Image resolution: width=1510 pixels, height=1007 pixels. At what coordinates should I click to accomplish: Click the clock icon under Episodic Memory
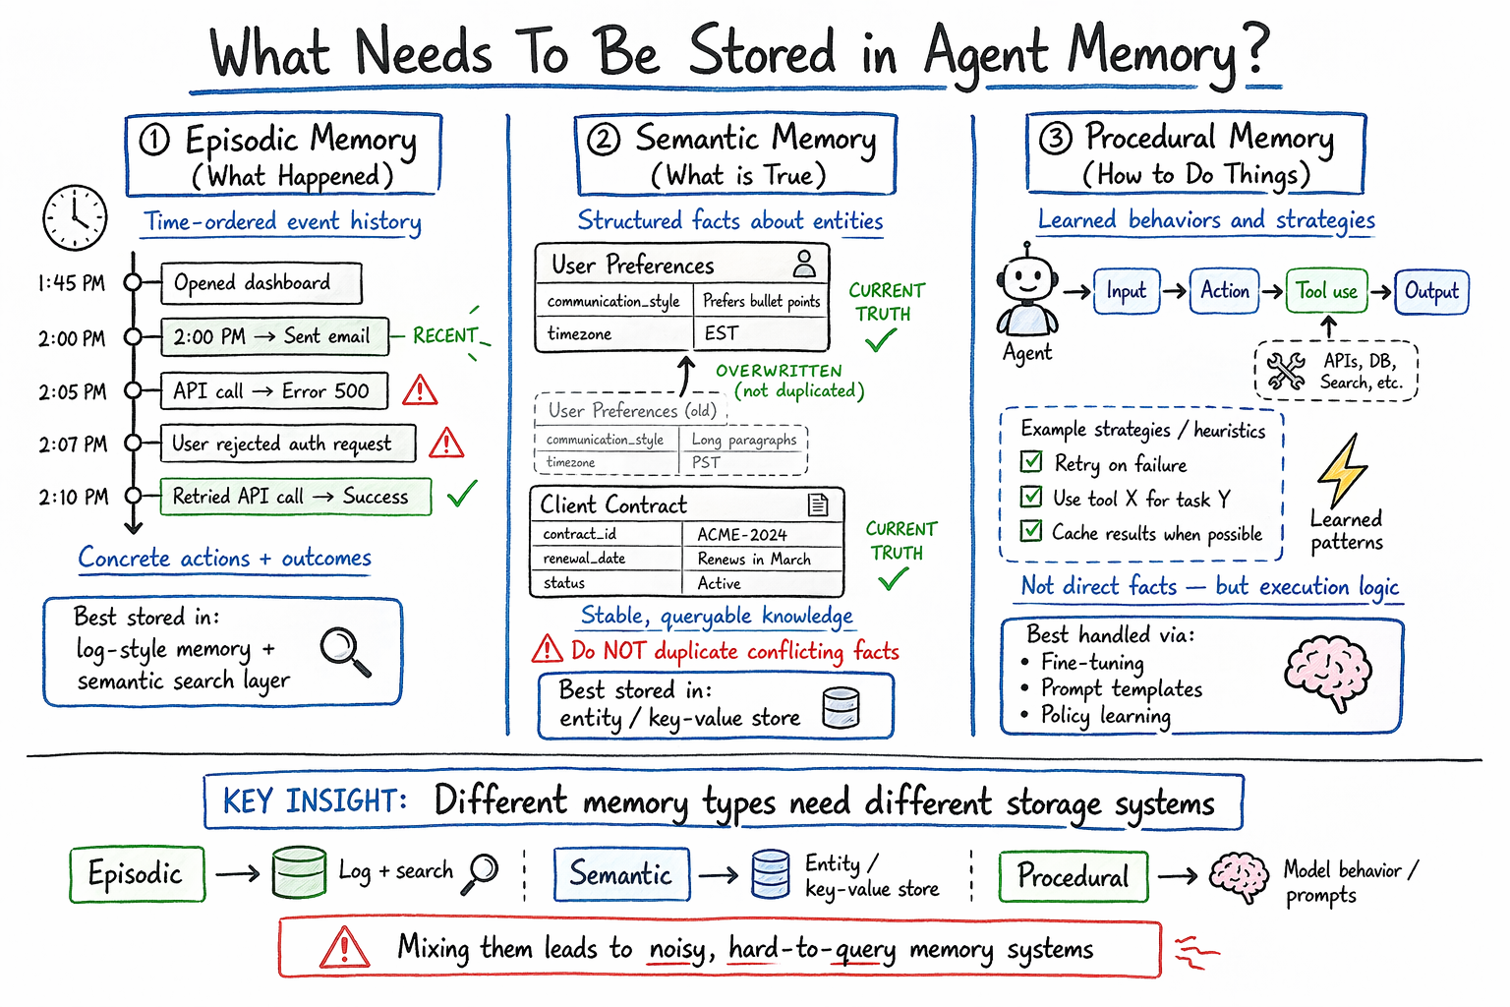tap(75, 217)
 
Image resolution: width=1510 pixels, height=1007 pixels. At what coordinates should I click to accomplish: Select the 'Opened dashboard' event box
tap(261, 283)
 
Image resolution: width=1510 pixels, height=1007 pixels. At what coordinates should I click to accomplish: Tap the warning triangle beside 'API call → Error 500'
tap(420, 390)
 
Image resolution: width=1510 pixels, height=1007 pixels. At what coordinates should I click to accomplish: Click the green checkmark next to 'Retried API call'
tap(461, 493)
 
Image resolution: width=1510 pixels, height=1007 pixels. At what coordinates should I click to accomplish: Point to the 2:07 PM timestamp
tap(73, 444)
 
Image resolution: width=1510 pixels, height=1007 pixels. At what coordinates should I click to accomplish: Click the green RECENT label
tap(444, 336)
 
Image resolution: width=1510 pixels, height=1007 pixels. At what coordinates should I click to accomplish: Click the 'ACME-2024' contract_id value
tap(742, 535)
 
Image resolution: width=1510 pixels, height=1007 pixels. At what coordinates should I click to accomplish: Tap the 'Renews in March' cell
tap(754, 559)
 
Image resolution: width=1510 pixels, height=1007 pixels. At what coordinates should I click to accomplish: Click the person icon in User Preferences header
tap(804, 264)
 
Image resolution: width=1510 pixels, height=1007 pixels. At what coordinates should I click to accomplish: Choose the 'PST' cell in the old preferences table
tap(706, 462)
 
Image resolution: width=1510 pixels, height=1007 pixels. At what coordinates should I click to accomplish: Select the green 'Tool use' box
tap(1326, 291)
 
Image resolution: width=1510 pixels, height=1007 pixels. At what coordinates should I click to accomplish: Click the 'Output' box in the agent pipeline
tap(1431, 291)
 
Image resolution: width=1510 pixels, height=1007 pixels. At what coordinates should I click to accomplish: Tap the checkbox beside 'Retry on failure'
tap(1031, 462)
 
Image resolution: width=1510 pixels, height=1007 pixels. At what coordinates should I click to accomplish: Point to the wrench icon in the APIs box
tap(1286, 371)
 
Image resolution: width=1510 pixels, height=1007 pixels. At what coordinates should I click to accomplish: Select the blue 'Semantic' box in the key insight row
tap(621, 874)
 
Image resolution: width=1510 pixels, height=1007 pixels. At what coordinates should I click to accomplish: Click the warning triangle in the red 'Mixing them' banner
tap(344, 949)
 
